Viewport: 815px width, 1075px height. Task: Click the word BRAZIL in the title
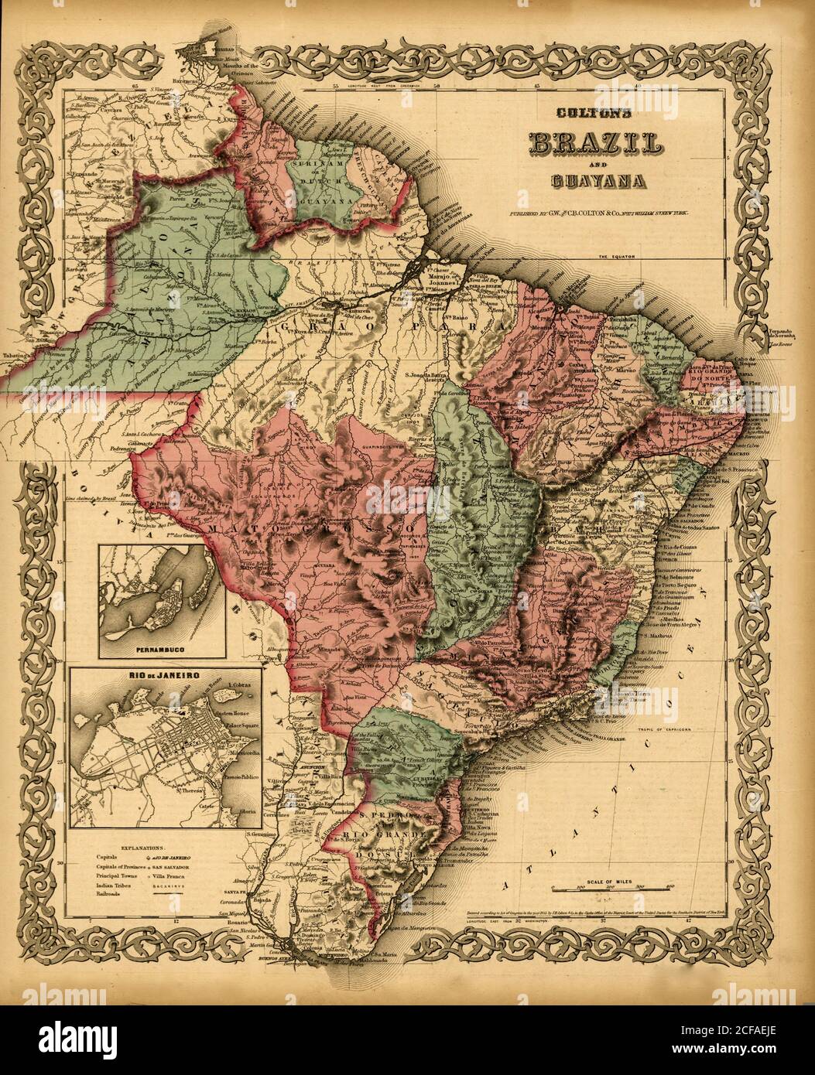pos(594,144)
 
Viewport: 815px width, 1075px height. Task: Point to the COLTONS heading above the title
pos(594,113)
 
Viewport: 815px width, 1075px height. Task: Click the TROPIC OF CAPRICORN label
pos(680,729)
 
